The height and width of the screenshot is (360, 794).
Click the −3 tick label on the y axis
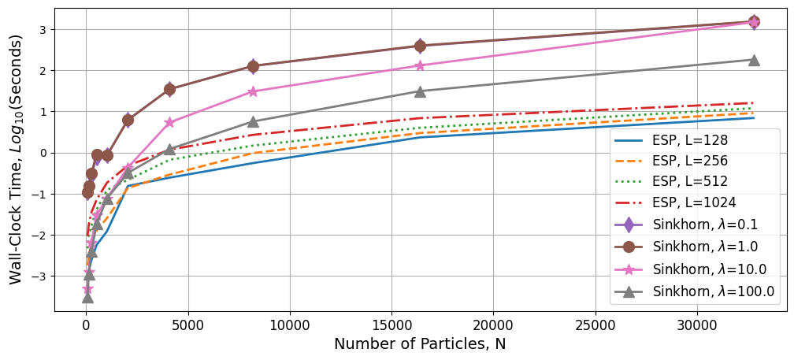[x=40, y=276]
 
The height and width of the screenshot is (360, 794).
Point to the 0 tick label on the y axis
[x=44, y=153]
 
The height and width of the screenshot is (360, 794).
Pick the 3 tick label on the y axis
[x=44, y=30]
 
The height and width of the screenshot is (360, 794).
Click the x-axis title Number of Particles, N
[x=420, y=344]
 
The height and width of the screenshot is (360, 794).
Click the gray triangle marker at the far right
[x=754, y=60]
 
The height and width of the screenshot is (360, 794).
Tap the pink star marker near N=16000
[x=420, y=65]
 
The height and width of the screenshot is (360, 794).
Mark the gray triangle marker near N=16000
[x=420, y=91]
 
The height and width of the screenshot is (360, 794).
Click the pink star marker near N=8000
[x=253, y=91]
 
